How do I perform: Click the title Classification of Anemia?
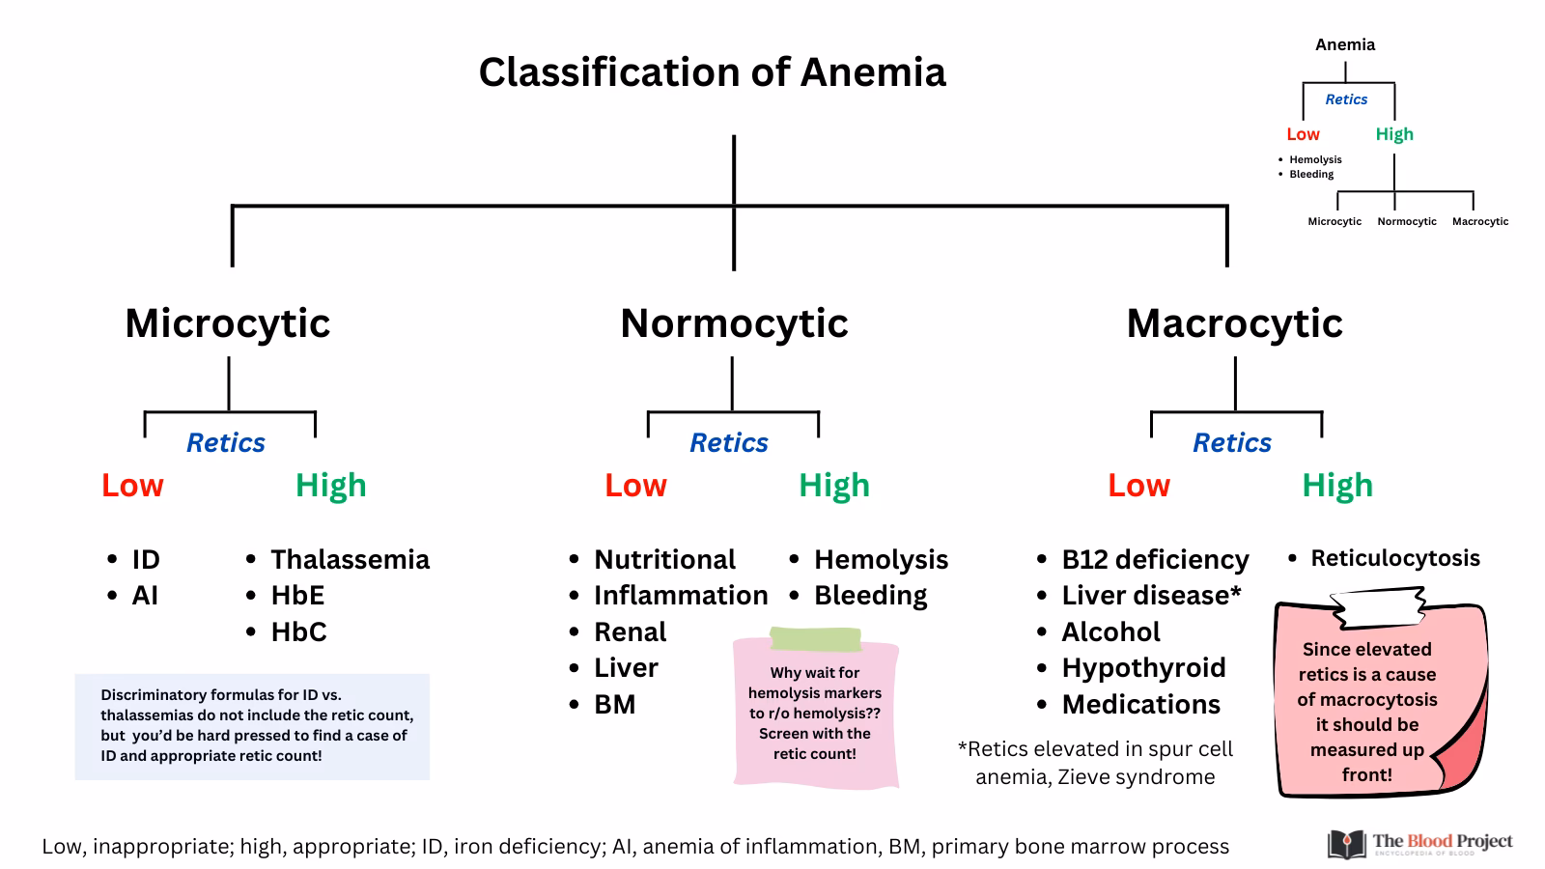[x=712, y=72]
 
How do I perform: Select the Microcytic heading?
[x=228, y=322]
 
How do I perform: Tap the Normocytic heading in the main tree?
[x=734, y=322]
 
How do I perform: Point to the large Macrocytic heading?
[x=1234, y=322]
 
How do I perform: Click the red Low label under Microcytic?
[x=132, y=485]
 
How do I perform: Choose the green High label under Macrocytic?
[x=1336, y=485]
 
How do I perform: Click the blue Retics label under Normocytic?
[x=729, y=442]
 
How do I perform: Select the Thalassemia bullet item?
[x=350, y=559]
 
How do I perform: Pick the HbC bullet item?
[x=298, y=631]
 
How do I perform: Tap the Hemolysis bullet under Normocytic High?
[x=881, y=559]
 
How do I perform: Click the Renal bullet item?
[x=630, y=631]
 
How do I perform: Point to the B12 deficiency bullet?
[x=1155, y=559]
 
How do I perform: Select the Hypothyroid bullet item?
[x=1143, y=667]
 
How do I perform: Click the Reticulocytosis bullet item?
[x=1394, y=558]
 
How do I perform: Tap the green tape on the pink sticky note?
[x=815, y=639]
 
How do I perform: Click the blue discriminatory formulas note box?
[x=252, y=726]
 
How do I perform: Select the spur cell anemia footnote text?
[x=1095, y=763]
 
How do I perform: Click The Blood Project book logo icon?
[x=1346, y=844]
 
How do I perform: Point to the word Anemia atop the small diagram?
[x=1345, y=44]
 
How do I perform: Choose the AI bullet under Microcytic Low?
[x=145, y=595]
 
